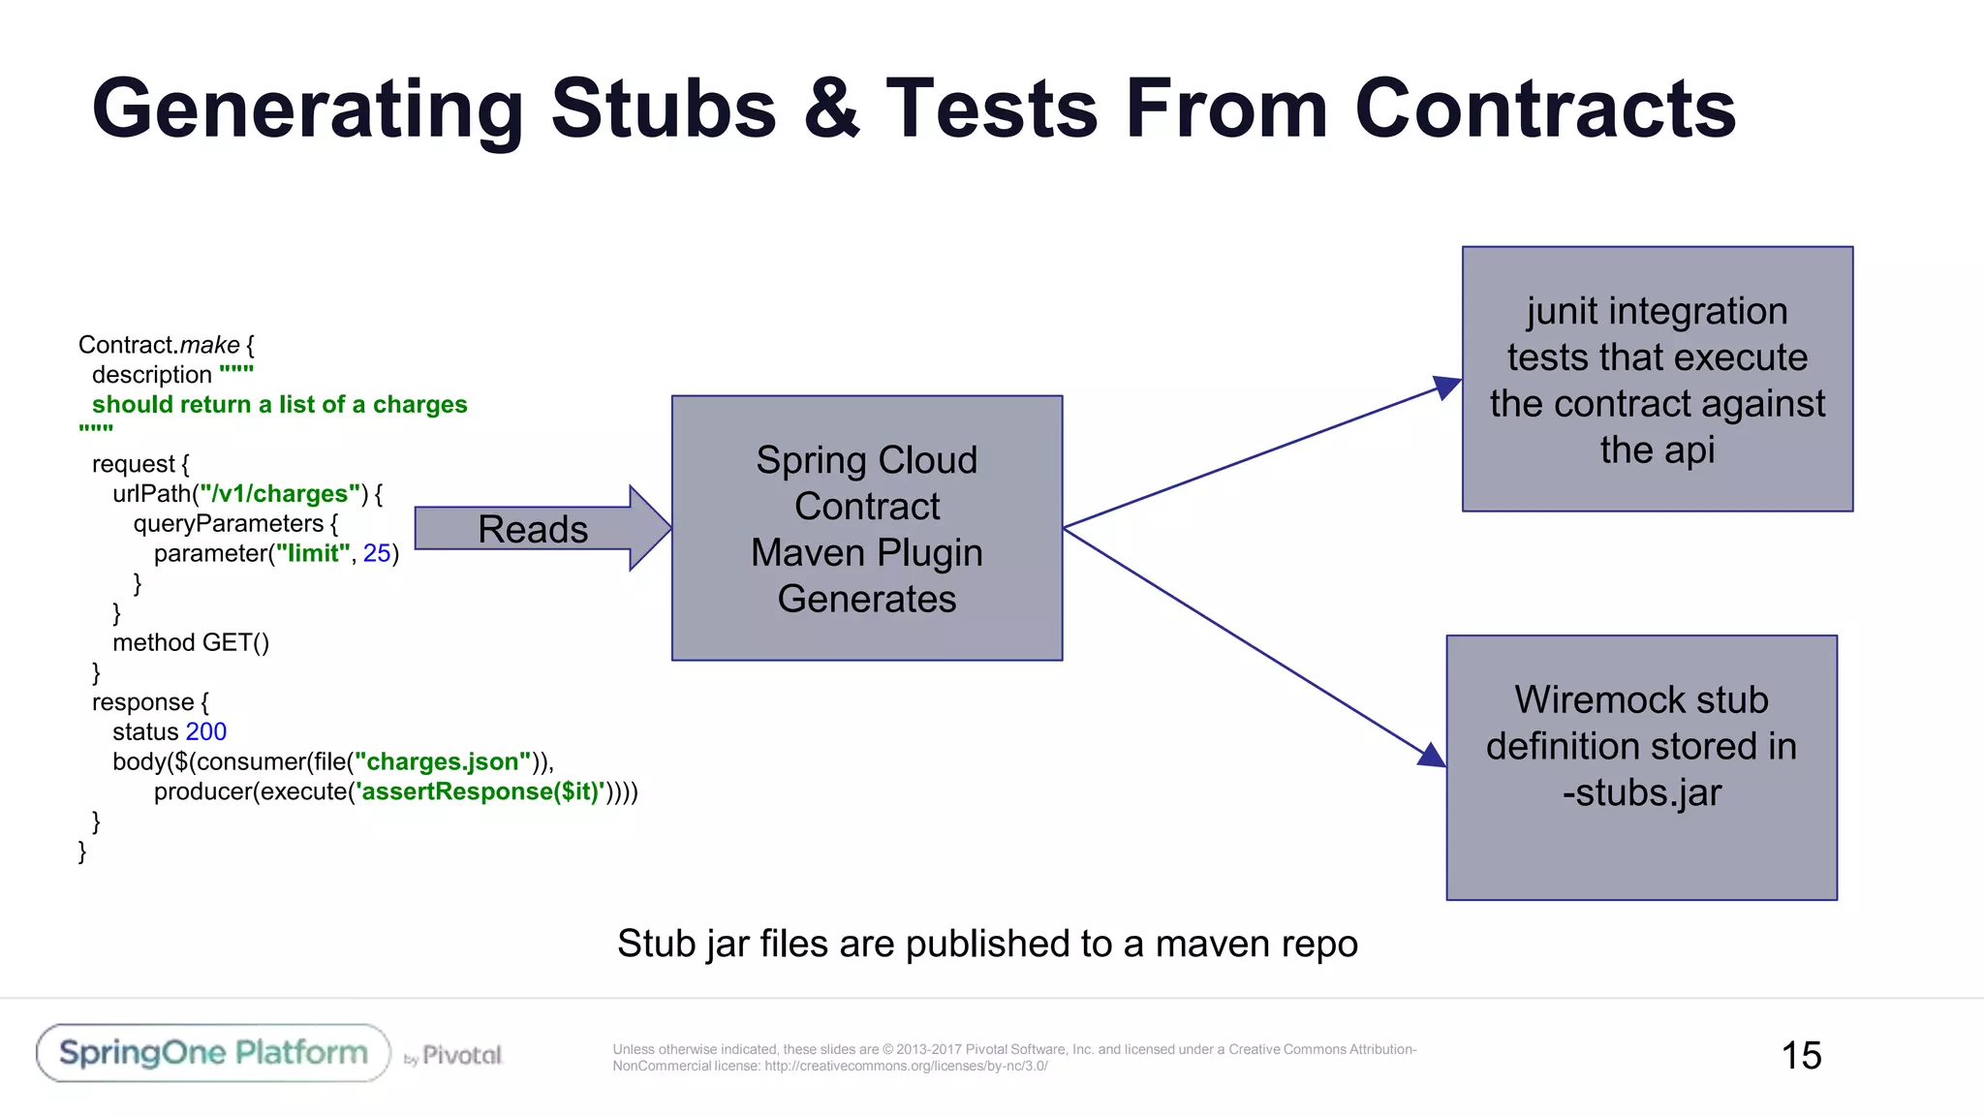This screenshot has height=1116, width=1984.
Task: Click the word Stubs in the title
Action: coord(664,108)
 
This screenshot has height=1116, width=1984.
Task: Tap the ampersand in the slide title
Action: coord(831,108)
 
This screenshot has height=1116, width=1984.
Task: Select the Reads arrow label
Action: coord(533,529)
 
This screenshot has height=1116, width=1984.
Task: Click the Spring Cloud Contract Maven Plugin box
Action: coord(867,528)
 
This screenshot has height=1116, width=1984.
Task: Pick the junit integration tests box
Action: coord(1657,379)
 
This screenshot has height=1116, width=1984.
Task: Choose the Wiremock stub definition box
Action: coord(1641,767)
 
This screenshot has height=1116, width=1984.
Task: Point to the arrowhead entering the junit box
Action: coord(1446,387)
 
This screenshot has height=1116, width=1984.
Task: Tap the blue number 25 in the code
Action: coord(376,553)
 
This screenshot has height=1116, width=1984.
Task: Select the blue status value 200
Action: coord(205,731)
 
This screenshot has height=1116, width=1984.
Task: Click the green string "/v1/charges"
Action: coord(279,494)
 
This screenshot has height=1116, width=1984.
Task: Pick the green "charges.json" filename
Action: coord(443,761)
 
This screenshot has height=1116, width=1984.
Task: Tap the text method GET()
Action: coord(191,642)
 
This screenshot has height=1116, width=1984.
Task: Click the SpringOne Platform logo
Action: coord(213,1053)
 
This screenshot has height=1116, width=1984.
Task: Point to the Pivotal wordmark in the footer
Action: coord(461,1055)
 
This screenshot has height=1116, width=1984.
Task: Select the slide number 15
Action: coord(1801,1055)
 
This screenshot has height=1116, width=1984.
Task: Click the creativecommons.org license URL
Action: coord(906,1067)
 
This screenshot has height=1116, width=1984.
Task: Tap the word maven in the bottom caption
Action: coord(1207,944)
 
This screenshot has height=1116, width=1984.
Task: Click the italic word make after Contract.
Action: coord(209,345)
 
